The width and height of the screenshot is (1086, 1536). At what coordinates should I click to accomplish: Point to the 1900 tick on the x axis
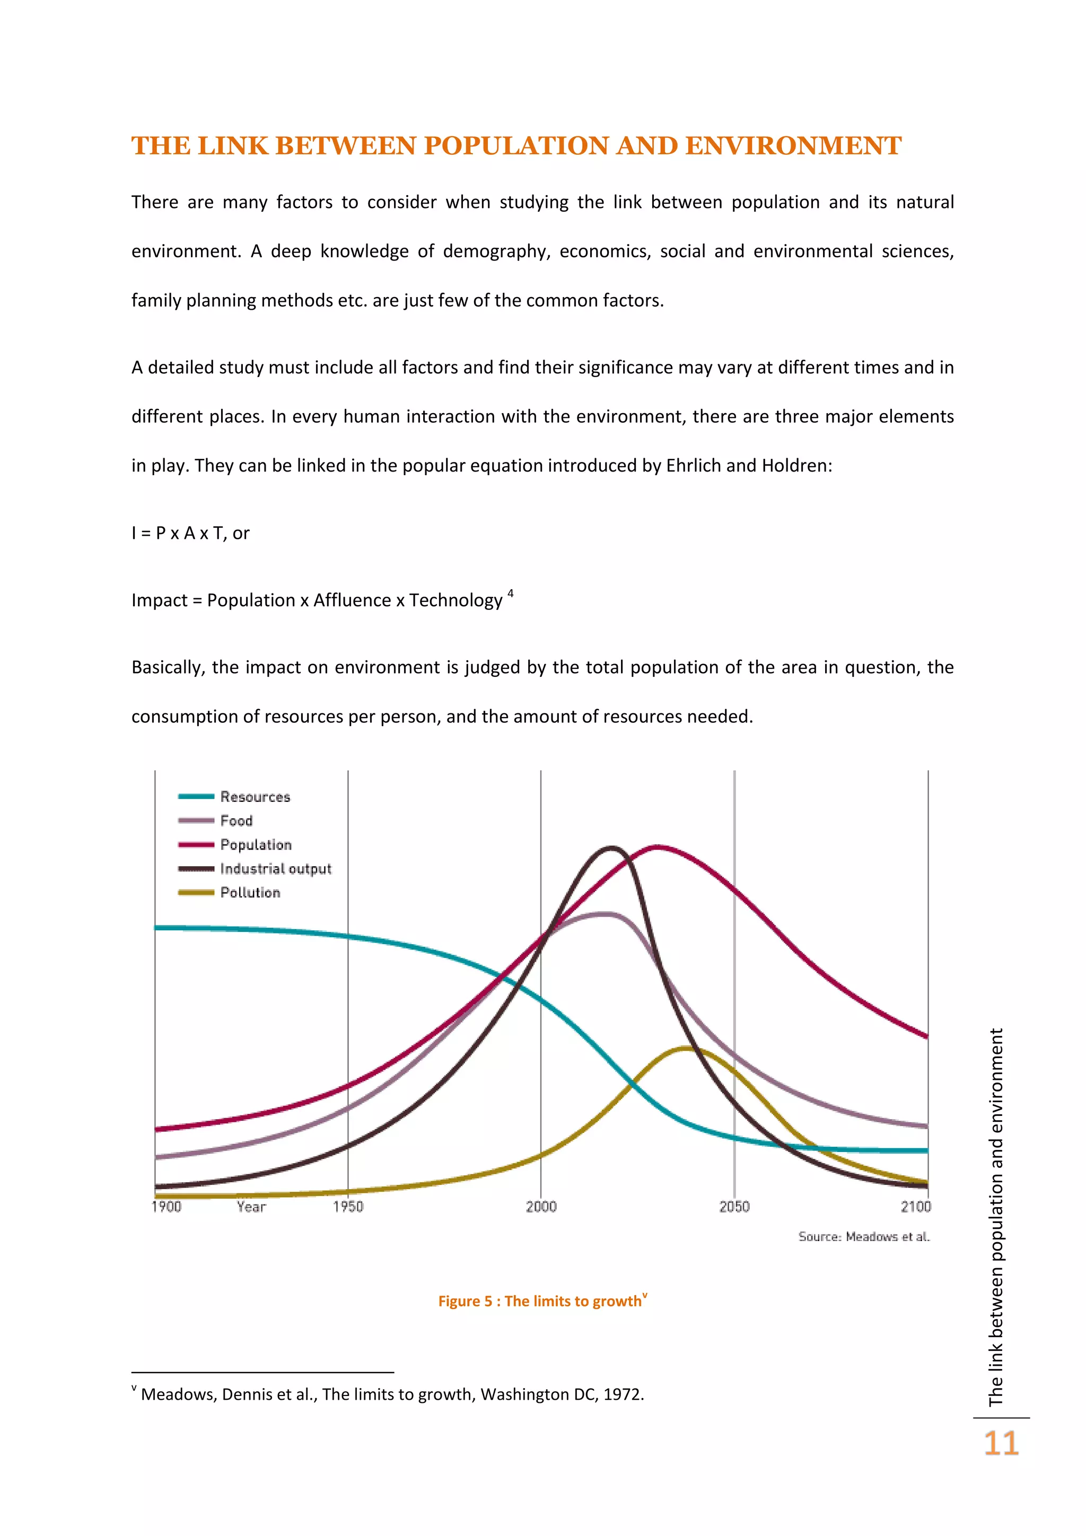166,1206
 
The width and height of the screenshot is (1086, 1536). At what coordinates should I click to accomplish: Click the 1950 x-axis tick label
348,1206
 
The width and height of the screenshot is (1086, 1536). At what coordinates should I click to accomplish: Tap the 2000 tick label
541,1206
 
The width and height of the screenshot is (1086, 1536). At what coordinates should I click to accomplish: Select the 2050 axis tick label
734,1206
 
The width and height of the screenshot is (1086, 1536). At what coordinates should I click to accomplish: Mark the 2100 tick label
915,1206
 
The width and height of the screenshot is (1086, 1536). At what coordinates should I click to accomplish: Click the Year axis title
251,1206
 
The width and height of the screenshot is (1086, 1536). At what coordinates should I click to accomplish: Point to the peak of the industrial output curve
612,848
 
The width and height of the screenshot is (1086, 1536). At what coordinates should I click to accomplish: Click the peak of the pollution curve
686,1048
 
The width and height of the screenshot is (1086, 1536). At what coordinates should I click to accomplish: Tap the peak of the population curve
658,847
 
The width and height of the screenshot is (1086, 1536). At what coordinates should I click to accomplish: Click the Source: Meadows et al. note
863,1236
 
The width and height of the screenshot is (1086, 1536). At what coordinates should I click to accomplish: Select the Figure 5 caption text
541,1301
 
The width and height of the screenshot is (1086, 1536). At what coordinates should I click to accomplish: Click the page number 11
1001,1444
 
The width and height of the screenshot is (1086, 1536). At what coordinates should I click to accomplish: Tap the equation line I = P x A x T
190,533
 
